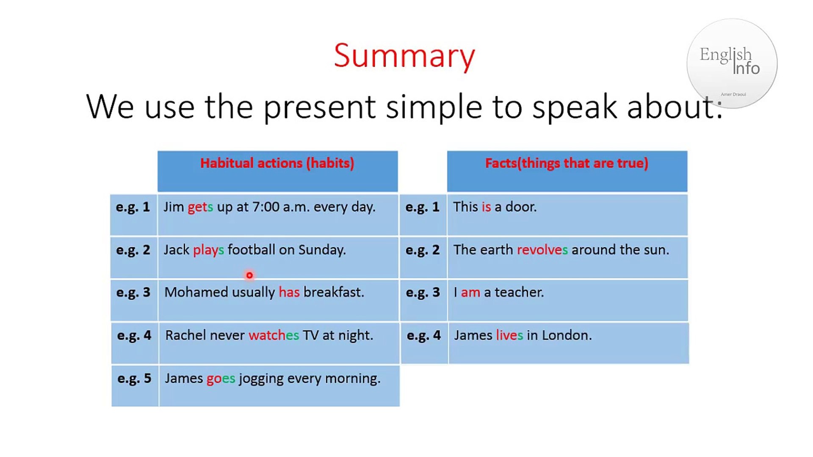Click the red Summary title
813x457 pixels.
click(404, 56)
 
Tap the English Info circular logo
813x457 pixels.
click(732, 63)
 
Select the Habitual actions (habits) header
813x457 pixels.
click(277, 163)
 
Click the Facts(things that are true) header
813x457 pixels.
click(567, 163)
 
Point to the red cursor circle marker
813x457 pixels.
click(249, 275)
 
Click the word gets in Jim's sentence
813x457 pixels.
click(200, 207)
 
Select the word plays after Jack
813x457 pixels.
click(208, 251)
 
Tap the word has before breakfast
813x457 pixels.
click(289, 292)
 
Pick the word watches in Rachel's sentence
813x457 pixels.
click(274, 336)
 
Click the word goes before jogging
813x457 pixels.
click(221, 379)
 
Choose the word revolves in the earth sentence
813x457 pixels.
click(542, 250)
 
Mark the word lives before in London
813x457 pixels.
click(509, 336)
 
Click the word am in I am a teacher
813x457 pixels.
click(470, 293)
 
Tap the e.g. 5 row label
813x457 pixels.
click(134, 379)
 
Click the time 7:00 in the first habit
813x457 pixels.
click(266, 207)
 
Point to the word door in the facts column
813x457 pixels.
click(521, 207)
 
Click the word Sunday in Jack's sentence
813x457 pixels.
click(322, 250)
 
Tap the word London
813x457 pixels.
click(567, 336)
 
